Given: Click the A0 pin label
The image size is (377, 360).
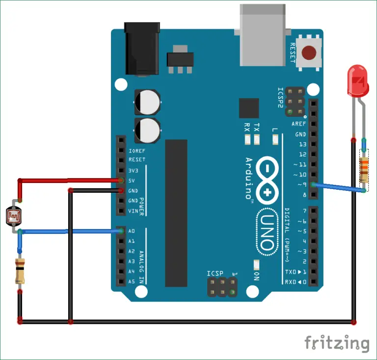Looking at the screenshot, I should coord(132,231).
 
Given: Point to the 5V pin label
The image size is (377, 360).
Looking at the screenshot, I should coord(132,180).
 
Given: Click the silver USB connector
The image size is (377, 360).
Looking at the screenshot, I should coord(263,34).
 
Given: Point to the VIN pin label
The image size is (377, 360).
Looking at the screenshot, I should coord(133,211).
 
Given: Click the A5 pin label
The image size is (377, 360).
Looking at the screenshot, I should coord(132,282).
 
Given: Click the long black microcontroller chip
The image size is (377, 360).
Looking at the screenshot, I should coord(176,213).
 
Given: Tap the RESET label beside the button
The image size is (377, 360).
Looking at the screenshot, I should coord(292,52).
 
